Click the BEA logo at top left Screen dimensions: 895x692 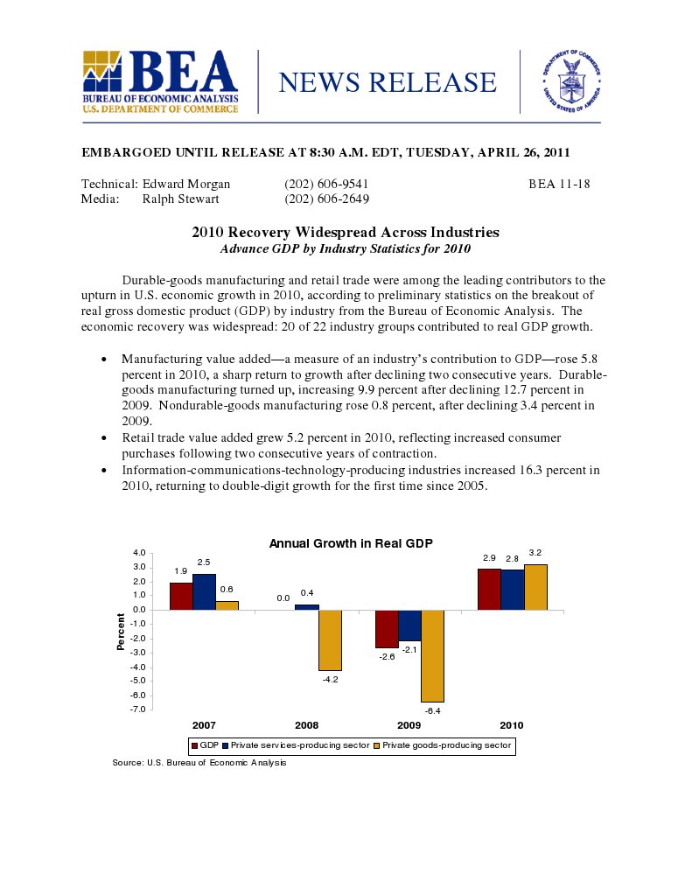click(160, 82)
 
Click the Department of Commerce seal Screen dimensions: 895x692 click(572, 82)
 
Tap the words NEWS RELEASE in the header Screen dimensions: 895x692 click(387, 82)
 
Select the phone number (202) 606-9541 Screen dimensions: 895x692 click(326, 185)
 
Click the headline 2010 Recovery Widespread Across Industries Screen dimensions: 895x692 click(346, 233)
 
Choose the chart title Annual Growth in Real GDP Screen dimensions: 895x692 click(351, 543)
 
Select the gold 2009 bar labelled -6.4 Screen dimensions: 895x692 click(432, 655)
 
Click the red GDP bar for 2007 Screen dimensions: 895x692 click(181, 596)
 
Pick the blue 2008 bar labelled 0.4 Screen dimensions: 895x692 click(306, 607)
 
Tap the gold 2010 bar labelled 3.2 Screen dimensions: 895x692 click(535, 587)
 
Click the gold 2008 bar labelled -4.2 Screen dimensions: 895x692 click(330, 640)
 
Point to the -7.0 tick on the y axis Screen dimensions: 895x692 click(139, 709)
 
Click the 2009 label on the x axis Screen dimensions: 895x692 click(409, 726)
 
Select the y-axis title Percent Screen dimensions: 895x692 click(121, 631)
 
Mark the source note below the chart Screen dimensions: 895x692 click(199, 763)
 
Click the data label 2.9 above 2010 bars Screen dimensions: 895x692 click(489, 557)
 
